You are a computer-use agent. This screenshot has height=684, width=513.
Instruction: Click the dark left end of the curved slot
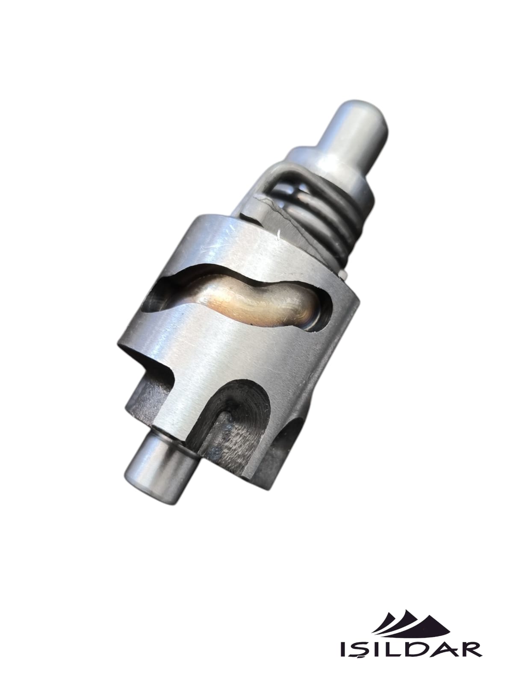(x=156, y=296)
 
